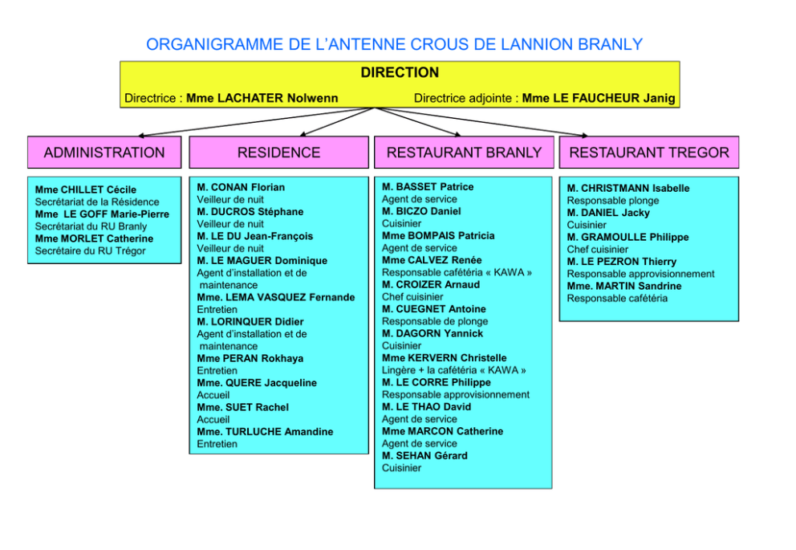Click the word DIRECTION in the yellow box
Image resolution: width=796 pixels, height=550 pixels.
click(x=400, y=72)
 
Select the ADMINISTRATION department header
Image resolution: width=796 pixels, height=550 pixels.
click(x=104, y=153)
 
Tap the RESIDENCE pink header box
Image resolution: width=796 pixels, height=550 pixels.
click(x=278, y=153)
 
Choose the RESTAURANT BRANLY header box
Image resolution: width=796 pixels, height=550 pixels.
click(x=464, y=153)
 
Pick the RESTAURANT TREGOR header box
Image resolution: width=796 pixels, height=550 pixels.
click(x=649, y=153)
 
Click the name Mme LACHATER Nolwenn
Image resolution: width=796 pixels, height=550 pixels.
click(x=262, y=98)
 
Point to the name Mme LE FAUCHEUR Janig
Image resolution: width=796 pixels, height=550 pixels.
click(x=599, y=98)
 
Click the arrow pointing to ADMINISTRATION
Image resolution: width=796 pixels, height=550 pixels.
click(x=256, y=122)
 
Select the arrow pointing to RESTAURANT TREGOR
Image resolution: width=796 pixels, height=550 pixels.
click(x=481, y=122)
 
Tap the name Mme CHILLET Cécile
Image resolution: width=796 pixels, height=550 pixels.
click(x=86, y=189)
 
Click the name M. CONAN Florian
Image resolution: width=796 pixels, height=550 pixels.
click(x=241, y=187)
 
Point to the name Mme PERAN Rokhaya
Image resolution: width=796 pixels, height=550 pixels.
click(x=250, y=359)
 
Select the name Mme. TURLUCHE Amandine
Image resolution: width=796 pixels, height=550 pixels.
click(x=265, y=432)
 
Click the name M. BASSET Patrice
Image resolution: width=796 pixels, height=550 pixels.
click(x=428, y=187)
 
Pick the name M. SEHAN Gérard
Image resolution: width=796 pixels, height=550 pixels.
click(x=424, y=455)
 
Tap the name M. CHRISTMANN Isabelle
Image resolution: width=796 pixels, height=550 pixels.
click(x=628, y=189)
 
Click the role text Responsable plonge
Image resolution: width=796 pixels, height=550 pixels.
click(x=613, y=201)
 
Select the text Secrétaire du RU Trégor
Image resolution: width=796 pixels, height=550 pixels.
click(x=91, y=251)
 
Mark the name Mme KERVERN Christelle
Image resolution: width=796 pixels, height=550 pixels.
click(x=445, y=358)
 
